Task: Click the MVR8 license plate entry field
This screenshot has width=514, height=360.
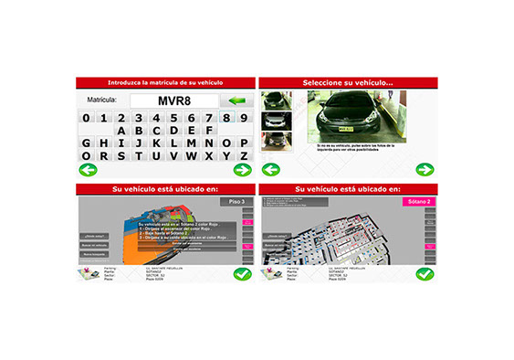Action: click(173, 100)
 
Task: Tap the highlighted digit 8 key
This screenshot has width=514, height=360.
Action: click(224, 117)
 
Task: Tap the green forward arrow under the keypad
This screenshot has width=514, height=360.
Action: click(242, 170)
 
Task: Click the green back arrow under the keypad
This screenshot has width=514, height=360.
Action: click(87, 170)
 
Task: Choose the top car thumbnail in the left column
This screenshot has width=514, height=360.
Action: click(272, 101)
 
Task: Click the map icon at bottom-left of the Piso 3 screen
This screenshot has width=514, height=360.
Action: click(88, 273)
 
